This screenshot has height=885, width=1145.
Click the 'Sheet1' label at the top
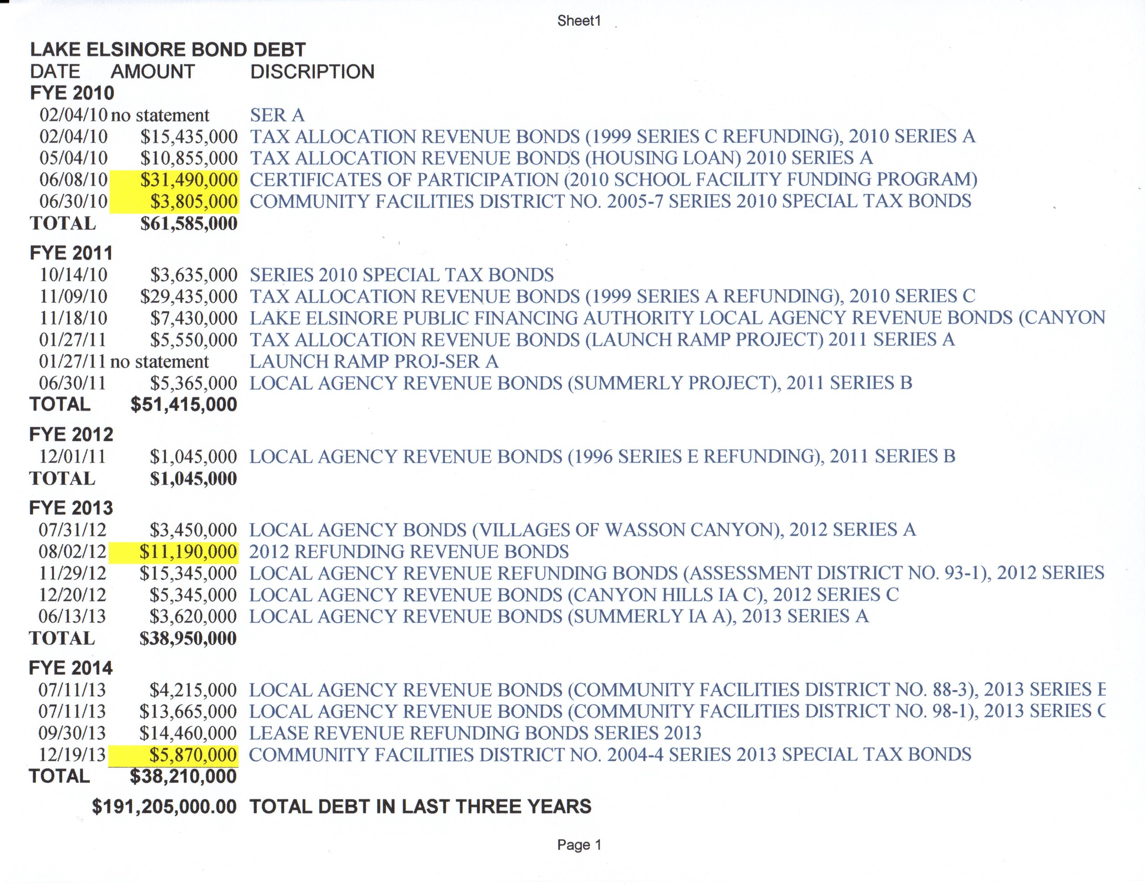579,21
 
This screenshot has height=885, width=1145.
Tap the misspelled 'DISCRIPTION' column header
313,72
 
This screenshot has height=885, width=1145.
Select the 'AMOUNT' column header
153,72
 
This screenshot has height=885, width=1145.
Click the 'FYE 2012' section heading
71,435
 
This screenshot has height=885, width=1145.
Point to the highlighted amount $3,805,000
194,201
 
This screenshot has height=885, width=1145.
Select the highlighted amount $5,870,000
193,755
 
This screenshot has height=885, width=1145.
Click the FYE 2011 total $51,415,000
184,405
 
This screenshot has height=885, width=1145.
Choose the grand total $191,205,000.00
164,806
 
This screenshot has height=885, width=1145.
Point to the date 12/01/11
73,457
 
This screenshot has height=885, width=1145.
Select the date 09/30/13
73,733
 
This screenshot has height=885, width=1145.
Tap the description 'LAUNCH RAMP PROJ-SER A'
374,362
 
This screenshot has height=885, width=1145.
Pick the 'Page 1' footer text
579,845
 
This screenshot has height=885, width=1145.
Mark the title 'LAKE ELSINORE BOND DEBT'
168,50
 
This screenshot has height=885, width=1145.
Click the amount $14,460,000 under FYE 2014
188,733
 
